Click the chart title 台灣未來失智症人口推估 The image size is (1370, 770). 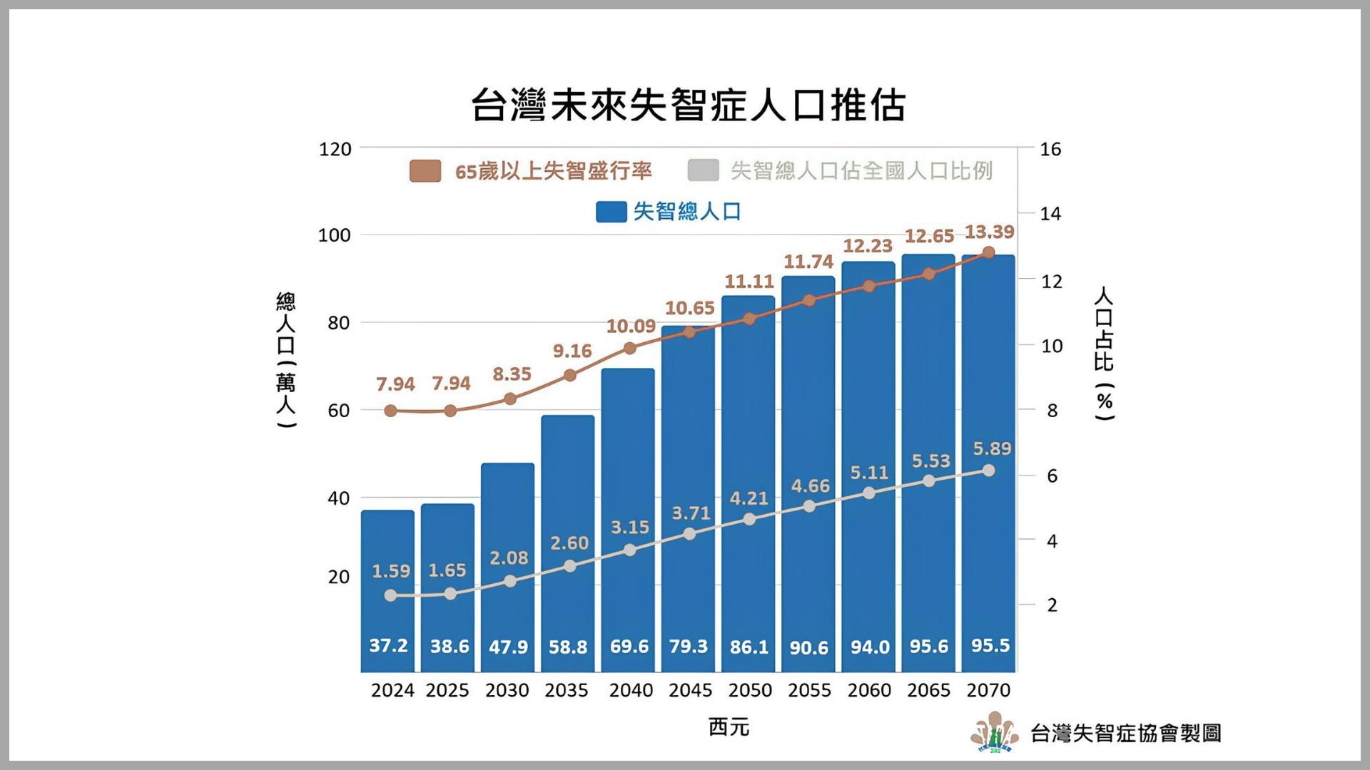click(x=688, y=106)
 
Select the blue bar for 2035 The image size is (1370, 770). click(x=567, y=542)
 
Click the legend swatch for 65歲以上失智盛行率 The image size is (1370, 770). click(x=425, y=171)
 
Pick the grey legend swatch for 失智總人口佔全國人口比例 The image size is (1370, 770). click(x=703, y=171)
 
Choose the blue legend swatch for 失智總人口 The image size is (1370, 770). click(x=611, y=212)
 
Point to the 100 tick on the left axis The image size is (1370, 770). click(x=335, y=235)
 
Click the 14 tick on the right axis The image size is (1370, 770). click(x=1050, y=213)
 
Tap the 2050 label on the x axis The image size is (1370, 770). click(x=750, y=690)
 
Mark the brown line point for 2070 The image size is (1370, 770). click(x=988, y=253)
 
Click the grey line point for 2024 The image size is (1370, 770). click(x=390, y=595)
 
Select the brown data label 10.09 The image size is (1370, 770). click(x=631, y=327)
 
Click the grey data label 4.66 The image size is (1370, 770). click(x=811, y=486)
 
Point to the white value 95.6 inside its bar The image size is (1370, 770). click(x=928, y=647)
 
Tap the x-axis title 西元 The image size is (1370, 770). click(x=729, y=727)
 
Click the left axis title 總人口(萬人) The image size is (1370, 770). click(x=285, y=360)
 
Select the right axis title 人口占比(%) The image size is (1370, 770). click(x=1104, y=353)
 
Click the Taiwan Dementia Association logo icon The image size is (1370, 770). click(x=995, y=732)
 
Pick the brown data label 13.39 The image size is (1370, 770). click(x=990, y=232)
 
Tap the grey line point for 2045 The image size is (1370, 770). click(x=689, y=534)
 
